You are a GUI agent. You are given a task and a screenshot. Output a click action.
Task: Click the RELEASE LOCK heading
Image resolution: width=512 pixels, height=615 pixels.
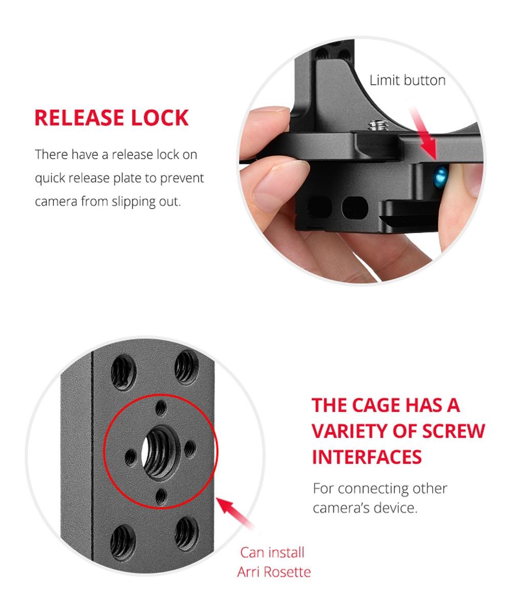click(x=111, y=117)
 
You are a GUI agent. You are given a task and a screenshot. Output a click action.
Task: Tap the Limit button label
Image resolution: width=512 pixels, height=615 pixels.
click(x=407, y=80)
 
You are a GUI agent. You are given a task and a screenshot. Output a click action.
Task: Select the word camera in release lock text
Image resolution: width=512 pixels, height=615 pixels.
click(x=55, y=201)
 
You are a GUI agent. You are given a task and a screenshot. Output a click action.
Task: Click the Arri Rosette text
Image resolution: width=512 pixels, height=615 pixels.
click(x=273, y=571)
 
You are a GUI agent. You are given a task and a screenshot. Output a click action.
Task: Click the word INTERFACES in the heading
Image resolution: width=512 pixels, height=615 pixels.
click(x=367, y=456)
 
